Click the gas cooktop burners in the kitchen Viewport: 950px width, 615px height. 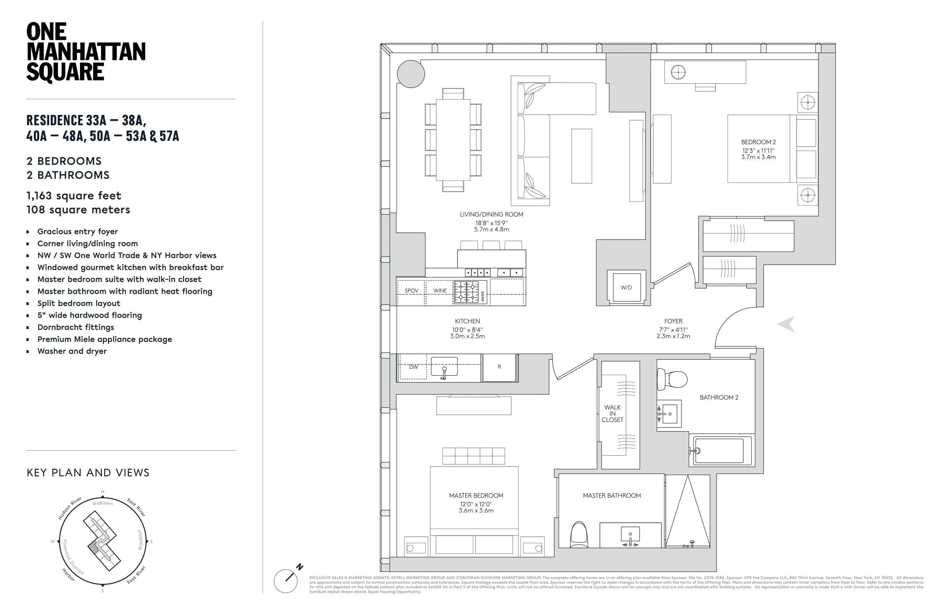click(467, 292)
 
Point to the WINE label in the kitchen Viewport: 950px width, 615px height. click(440, 291)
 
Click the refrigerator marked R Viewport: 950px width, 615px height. click(499, 367)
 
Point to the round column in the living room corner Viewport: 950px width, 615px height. click(411, 74)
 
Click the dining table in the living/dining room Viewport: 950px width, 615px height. click(453, 140)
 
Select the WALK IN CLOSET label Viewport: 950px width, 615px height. click(612, 413)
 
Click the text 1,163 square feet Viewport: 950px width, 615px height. click(74, 196)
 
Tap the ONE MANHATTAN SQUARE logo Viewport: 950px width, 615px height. click(85, 52)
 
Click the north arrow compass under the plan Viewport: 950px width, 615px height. click(286, 580)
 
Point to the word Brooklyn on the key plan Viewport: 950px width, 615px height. click(140, 540)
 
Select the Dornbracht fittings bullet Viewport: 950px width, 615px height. click(75, 327)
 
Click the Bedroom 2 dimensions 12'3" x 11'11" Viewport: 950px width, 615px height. click(758, 151)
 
